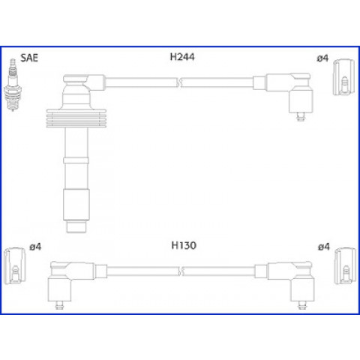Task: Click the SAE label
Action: tap(29, 58)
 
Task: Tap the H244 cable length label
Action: tap(182, 57)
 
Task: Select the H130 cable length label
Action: tap(184, 245)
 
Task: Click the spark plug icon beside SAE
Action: tap(13, 85)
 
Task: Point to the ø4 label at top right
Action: tap(322, 58)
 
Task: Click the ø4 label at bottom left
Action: tap(35, 247)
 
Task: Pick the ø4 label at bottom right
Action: tap(324, 247)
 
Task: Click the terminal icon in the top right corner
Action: tap(344, 77)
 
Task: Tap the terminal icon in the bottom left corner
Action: tap(15, 265)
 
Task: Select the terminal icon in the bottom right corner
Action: tap(346, 265)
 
